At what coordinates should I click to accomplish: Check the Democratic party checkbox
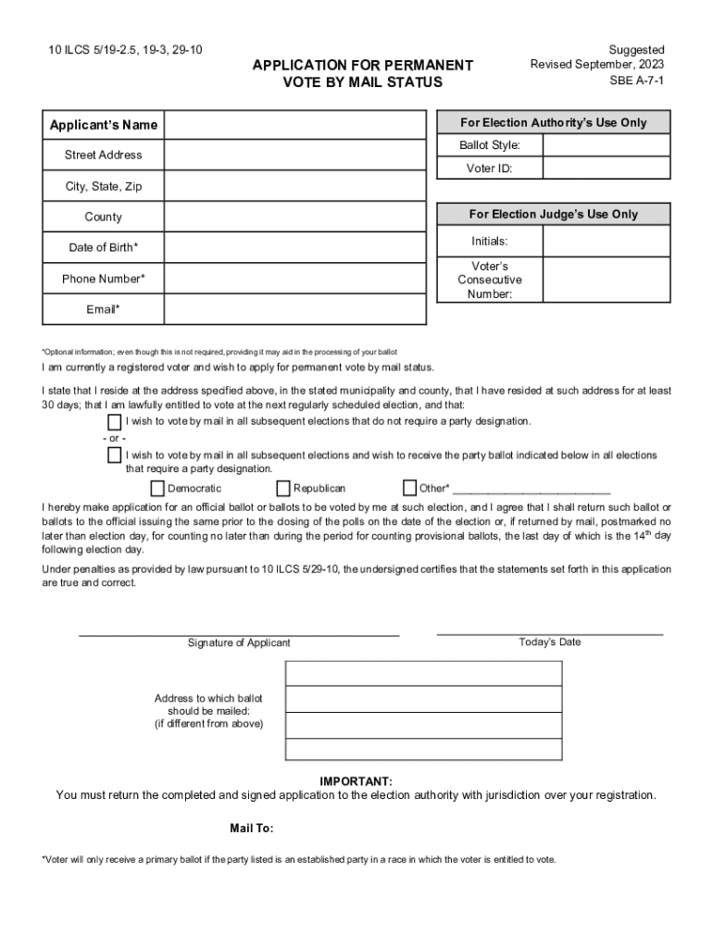pyautogui.click(x=156, y=488)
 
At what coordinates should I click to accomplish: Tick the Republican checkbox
pyautogui.click(x=283, y=488)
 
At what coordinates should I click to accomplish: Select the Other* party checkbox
pyautogui.click(x=409, y=488)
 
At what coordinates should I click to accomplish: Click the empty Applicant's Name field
pyautogui.click(x=294, y=125)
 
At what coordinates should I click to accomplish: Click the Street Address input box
pyautogui.click(x=294, y=156)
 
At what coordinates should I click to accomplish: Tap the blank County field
pyautogui.click(x=294, y=217)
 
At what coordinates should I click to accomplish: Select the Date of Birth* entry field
pyautogui.click(x=294, y=247)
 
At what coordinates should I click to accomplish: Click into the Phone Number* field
pyautogui.click(x=294, y=279)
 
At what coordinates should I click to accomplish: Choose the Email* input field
pyautogui.click(x=294, y=309)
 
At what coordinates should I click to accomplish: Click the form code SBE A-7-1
pyautogui.click(x=636, y=81)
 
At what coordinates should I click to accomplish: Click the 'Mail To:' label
pyautogui.click(x=251, y=828)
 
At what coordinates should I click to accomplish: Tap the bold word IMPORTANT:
pyautogui.click(x=356, y=781)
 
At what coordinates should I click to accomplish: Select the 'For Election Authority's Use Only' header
pyautogui.click(x=553, y=123)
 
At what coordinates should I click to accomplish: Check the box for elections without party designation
pyautogui.click(x=114, y=422)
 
